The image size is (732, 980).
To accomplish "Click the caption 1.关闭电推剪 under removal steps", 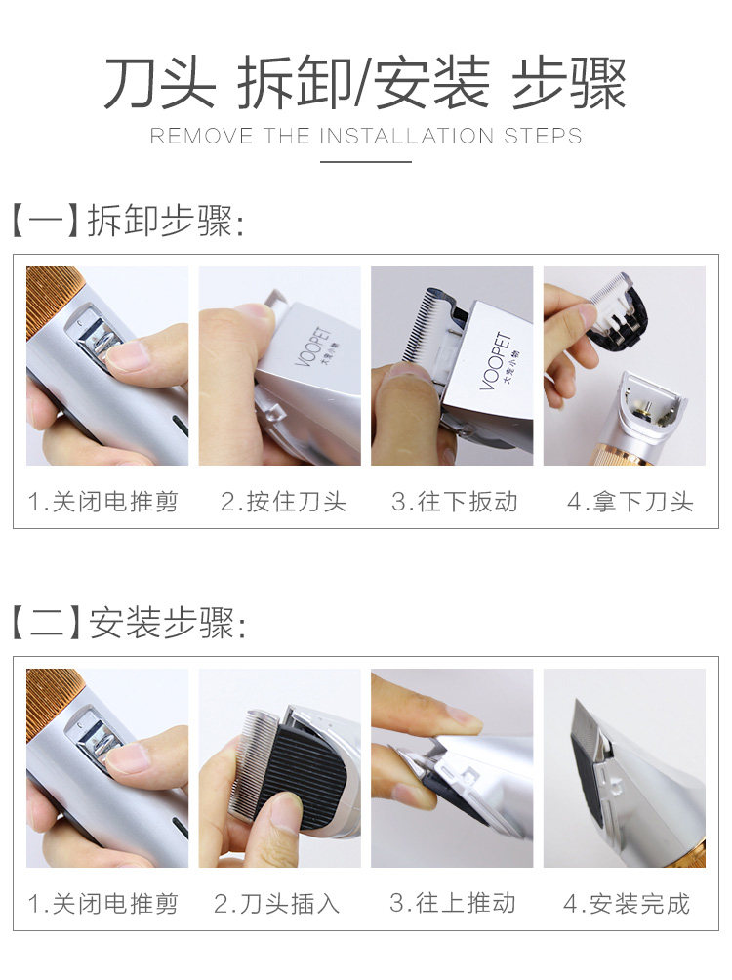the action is pos(103,502).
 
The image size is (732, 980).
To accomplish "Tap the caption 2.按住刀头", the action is pos(283,502).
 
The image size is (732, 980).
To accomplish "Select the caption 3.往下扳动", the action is pos(455,502).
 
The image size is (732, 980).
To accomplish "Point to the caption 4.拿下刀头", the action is pos(630,502).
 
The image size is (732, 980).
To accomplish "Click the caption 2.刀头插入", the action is pos(276,904).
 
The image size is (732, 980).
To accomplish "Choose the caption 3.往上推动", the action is pos(453,903).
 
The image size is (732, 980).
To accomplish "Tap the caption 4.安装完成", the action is pos(627,904).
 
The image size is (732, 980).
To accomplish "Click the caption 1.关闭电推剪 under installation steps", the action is pos(103,904).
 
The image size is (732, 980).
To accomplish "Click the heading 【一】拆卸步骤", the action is pos(128,221).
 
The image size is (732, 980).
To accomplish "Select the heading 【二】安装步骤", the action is pos(129,623).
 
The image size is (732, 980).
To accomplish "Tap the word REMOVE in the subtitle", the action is pos(201,136).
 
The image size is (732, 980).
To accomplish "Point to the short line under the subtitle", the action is pos(366,161).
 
